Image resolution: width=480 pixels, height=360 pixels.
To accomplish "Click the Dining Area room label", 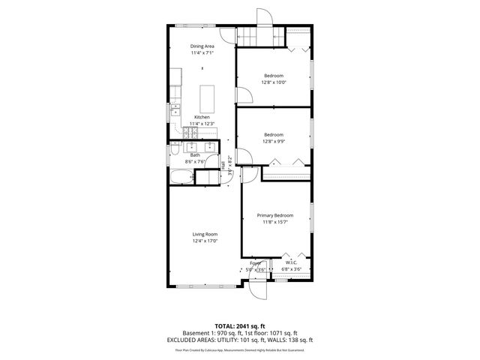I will point(202,46).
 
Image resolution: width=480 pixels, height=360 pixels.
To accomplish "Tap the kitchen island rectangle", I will point(208,97).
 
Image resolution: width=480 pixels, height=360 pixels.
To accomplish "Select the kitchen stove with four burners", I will point(190,133).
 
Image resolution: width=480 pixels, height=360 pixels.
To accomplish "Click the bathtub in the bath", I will point(181,177).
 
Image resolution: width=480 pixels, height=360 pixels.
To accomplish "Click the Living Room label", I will point(204,235).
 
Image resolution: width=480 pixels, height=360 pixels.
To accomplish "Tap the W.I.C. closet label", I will point(291,262).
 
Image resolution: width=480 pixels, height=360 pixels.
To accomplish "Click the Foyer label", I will point(256,263).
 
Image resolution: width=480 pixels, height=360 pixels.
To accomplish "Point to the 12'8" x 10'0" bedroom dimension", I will point(274,82).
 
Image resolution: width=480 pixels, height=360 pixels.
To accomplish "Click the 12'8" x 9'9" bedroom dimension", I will point(274,141).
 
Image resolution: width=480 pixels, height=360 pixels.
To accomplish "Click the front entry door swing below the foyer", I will point(259,290).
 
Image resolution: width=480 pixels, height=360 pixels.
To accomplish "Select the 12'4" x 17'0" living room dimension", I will point(204,241).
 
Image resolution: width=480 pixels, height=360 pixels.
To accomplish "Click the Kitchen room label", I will point(202,117).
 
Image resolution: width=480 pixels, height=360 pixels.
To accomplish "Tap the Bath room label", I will point(195,155).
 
